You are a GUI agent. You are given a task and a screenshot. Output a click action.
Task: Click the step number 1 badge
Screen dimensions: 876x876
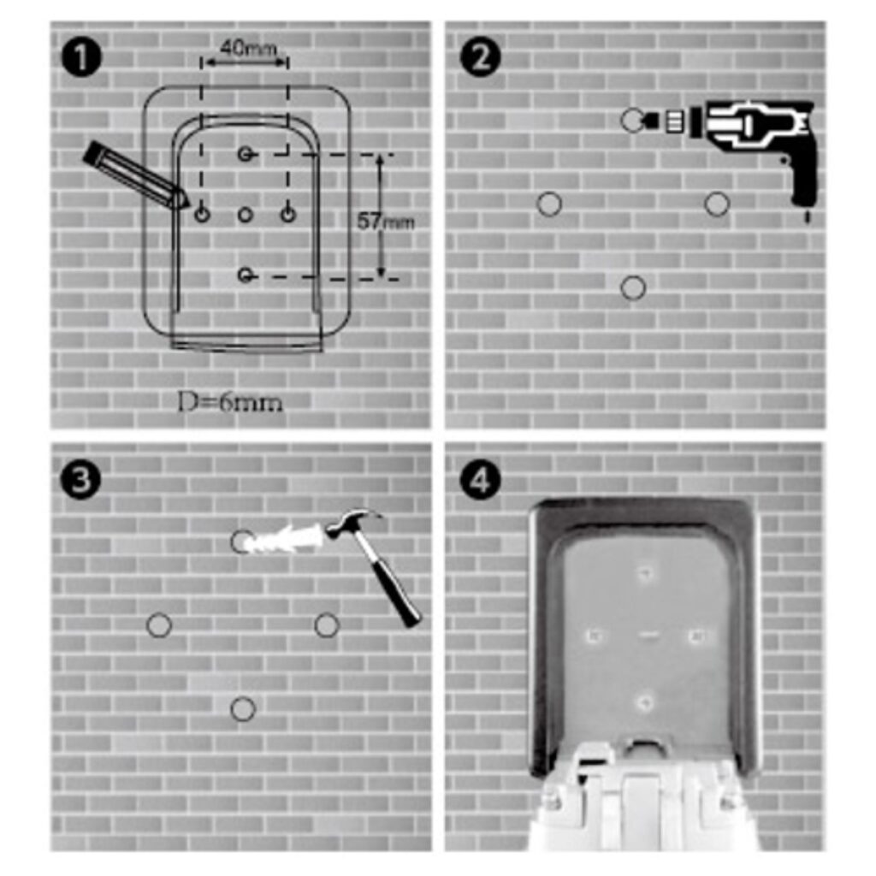[x=81, y=57]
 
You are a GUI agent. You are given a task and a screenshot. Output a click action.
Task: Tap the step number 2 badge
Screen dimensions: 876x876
[x=480, y=57]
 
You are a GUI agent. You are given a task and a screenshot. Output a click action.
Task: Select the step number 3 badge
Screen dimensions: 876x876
[x=81, y=480]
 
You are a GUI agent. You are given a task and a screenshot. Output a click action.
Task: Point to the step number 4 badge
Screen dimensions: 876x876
[x=480, y=480]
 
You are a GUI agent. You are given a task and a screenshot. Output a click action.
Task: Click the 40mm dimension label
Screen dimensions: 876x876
[x=248, y=48]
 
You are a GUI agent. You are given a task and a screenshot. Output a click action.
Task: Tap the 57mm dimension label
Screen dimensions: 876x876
[x=386, y=222]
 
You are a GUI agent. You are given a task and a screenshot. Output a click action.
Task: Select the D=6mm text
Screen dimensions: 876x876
[x=229, y=402]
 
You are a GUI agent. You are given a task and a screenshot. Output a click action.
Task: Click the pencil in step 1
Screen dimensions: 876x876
[x=136, y=175]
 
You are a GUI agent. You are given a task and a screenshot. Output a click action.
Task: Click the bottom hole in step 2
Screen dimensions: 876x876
[x=633, y=287]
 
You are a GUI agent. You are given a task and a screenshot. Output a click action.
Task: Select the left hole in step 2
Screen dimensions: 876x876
[x=549, y=204]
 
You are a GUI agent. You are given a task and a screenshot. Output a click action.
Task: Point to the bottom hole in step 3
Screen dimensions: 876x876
[x=242, y=709]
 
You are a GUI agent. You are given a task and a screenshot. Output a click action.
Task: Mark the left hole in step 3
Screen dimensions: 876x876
[x=158, y=625]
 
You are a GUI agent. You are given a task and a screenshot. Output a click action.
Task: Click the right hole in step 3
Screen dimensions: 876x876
[x=327, y=625]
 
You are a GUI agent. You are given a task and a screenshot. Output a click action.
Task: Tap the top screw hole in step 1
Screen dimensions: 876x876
[x=246, y=154]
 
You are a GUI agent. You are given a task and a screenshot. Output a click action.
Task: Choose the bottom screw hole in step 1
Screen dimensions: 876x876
[x=246, y=275]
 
